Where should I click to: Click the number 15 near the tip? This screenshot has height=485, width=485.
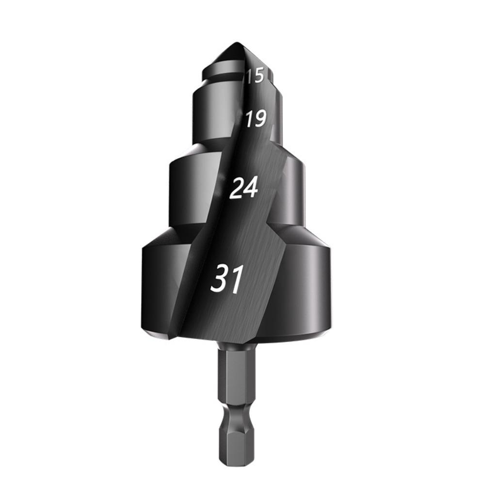click(255, 76)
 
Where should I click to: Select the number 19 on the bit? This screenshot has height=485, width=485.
click(256, 119)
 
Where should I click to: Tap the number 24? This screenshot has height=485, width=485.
click(243, 188)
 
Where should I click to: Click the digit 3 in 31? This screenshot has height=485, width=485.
click(220, 278)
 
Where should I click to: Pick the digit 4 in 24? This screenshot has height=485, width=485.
click(250, 187)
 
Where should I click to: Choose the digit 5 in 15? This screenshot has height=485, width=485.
click(259, 76)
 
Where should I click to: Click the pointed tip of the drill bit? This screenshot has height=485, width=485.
click(237, 42)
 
